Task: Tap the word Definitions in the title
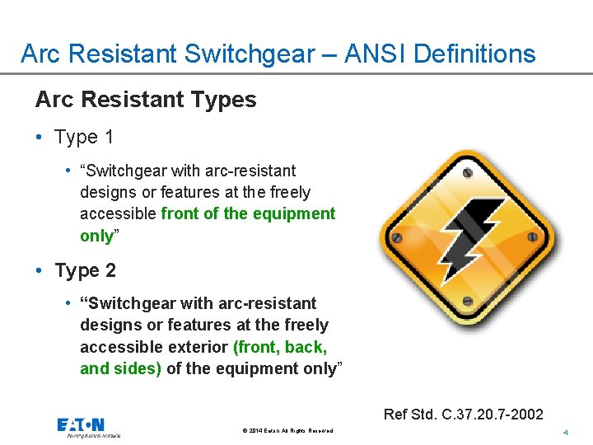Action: click(x=474, y=54)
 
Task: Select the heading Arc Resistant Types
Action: click(x=146, y=100)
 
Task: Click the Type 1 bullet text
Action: click(x=84, y=137)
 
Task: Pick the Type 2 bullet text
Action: click(x=86, y=270)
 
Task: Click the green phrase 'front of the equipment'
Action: click(x=248, y=213)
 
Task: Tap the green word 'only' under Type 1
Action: click(x=96, y=235)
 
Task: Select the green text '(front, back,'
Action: click(x=280, y=347)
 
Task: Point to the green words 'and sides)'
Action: click(x=120, y=368)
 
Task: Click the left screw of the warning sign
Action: click(x=396, y=238)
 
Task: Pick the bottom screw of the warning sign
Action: click(x=467, y=300)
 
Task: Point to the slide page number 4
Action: click(x=565, y=433)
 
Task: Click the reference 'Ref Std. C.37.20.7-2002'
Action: click(x=464, y=414)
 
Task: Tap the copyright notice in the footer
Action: click(x=288, y=431)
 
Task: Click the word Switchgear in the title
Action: click(x=246, y=54)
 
